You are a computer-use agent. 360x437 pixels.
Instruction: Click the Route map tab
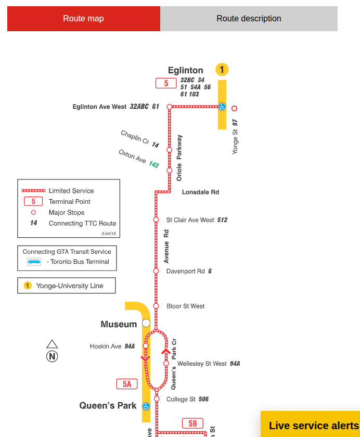(83, 19)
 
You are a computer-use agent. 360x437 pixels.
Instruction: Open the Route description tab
(249, 19)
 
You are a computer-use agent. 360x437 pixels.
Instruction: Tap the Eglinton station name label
(185, 70)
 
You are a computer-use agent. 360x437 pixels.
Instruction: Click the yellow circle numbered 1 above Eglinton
(222, 69)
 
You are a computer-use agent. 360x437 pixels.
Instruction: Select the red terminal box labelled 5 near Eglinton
(166, 83)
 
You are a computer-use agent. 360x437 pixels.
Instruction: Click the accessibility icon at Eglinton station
(222, 107)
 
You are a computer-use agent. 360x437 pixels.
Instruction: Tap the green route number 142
(153, 164)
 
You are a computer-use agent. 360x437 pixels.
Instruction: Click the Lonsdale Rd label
(200, 192)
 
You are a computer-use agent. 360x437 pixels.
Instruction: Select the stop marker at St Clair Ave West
(156, 220)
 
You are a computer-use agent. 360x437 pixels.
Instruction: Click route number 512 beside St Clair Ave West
(222, 220)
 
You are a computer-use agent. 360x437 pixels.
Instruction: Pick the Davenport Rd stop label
(185, 271)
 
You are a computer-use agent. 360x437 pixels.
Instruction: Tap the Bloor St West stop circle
(156, 306)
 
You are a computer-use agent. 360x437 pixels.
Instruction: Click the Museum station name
(119, 325)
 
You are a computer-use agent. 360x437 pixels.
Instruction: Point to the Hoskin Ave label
(106, 346)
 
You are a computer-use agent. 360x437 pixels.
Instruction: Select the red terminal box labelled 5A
(127, 384)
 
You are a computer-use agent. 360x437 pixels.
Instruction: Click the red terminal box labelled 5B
(192, 423)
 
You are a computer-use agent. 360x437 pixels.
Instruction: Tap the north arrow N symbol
(52, 356)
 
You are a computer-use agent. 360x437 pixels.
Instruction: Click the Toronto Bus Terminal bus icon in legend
(34, 262)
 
